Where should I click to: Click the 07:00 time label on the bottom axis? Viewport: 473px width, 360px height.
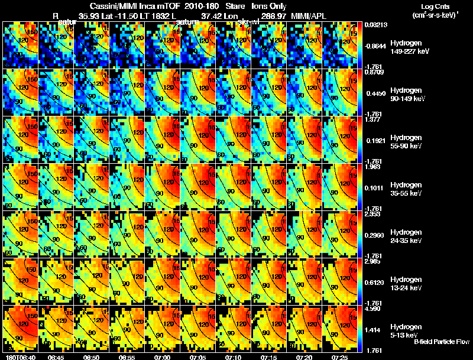[x=161, y=357]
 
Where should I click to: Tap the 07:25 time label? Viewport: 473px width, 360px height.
[x=339, y=357]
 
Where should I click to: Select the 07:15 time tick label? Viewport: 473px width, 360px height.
[x=268, y=357]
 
